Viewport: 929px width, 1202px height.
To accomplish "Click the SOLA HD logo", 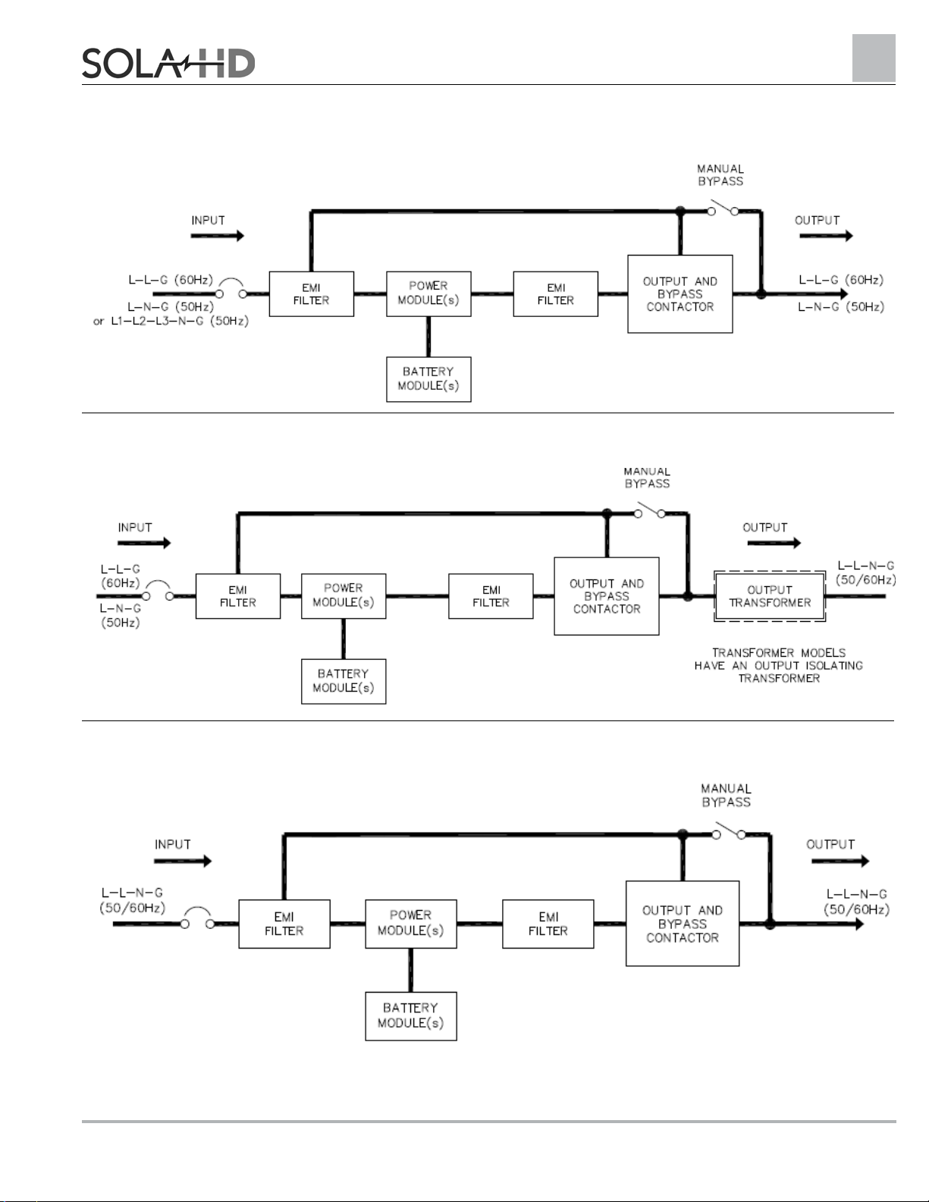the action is coord(168,63).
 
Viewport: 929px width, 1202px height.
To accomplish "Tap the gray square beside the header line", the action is coord(874,58).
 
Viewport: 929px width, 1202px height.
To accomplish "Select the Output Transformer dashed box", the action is coord(770,596).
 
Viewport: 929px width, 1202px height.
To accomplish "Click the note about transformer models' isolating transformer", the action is coord(779,665).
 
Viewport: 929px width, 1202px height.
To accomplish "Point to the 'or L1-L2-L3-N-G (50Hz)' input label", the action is coord(171,321).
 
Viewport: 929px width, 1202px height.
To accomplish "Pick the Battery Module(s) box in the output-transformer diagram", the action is coord(344,681).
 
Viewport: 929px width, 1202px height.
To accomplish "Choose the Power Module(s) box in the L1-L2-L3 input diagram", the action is coord(428,293).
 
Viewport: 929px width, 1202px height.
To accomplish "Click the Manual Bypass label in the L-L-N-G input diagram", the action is coord(726,796).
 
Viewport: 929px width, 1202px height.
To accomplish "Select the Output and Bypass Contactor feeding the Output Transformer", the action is coord(607,596).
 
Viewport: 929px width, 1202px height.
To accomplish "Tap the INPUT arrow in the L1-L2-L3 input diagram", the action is coord(218,236).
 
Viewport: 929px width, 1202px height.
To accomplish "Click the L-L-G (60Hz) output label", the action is coord(841,280).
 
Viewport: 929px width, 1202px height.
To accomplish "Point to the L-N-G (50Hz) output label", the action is coord(841,307).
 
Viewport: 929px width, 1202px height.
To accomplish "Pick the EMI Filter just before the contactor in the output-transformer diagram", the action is coord(491,596).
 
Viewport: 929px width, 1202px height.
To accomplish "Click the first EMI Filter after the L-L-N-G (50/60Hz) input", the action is coord(284,924).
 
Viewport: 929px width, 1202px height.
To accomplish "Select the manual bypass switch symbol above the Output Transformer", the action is coord(650,510).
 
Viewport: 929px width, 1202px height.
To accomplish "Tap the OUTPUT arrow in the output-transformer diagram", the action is coord(774,543).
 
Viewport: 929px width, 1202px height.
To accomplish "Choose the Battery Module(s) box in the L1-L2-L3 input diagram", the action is coord(428,379).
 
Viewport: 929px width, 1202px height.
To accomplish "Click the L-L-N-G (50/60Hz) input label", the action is coord(132,900).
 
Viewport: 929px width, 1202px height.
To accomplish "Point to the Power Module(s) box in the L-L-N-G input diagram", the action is coord(411,924).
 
